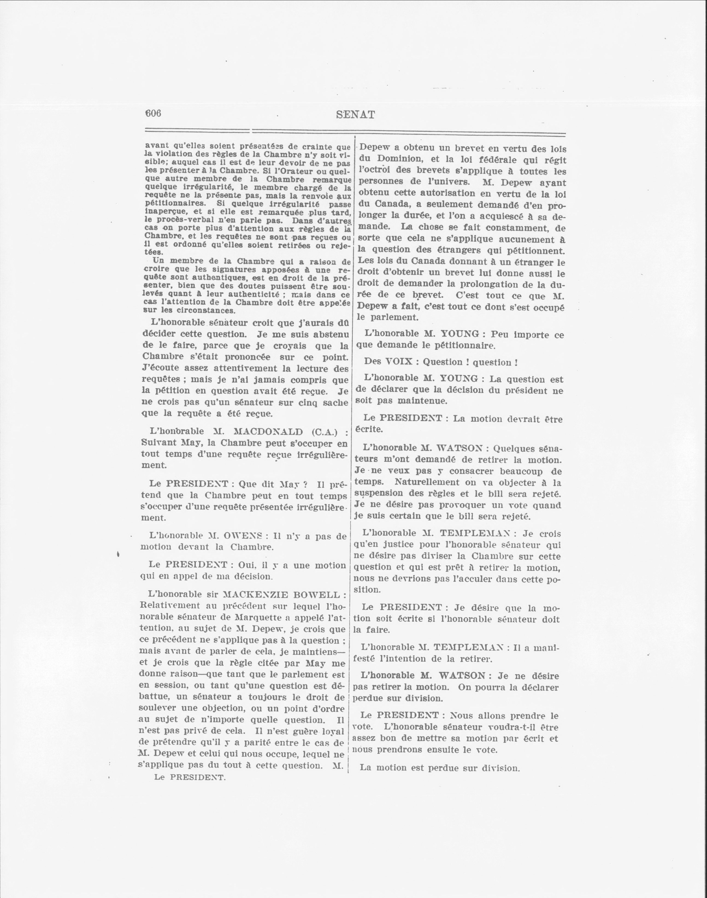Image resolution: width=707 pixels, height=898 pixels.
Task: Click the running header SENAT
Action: (x=356, y=115)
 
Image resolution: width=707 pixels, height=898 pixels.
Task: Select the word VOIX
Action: (x=399, y=361)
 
